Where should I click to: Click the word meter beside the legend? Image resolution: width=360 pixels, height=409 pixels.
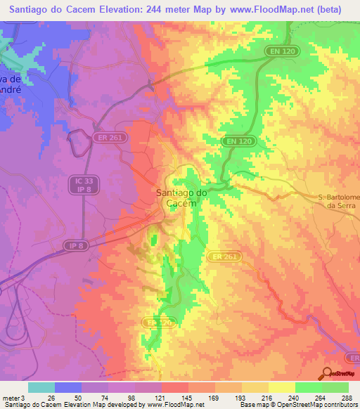[x=11, y=398]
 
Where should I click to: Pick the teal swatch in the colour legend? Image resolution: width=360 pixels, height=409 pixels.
[x=41, y=387]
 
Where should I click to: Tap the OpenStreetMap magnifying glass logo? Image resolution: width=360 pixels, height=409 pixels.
[x=326, y=373]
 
